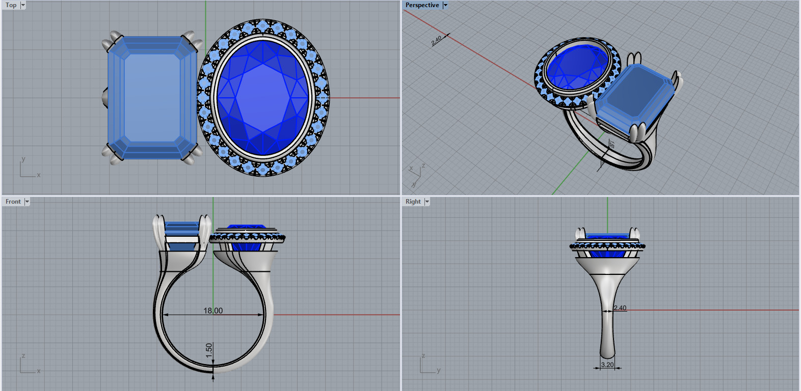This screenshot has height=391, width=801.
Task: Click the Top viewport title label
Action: [x=11, y=5]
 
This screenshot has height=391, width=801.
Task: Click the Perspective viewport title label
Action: [x=422, y=5]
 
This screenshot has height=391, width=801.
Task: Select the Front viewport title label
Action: [x=13, y=202]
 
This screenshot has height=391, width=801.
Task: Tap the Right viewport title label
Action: [x=413, y=202]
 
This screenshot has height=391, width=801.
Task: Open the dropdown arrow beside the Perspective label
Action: [x=445, y=5]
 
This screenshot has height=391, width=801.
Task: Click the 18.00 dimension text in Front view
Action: [x=213, y=311]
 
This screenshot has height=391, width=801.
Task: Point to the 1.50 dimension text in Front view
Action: [x=209, y=350]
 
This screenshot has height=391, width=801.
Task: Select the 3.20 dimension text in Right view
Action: [x=607, y=365]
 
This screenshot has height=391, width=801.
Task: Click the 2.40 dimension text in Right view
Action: [x=620, y=308]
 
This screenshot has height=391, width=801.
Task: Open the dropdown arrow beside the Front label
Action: [x=27, y=202]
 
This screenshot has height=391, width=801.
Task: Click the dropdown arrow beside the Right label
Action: [x=427, y=202]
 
